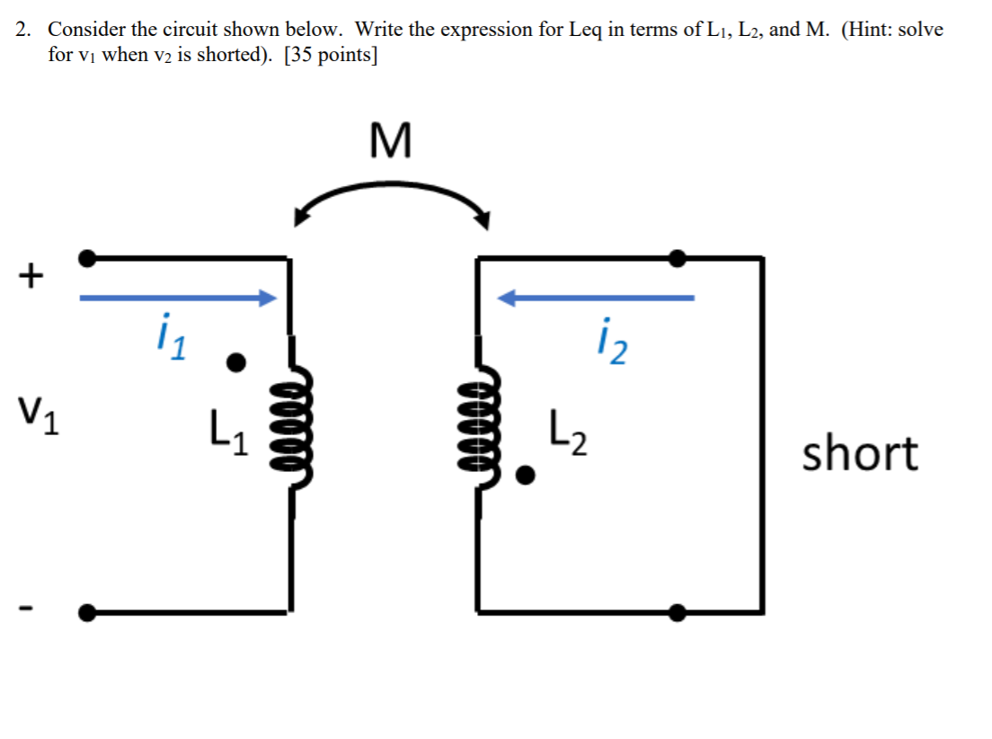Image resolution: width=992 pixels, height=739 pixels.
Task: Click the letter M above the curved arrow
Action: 390,141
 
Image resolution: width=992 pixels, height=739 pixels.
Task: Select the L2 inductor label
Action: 569,437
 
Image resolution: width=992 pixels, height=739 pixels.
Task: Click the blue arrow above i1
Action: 177,298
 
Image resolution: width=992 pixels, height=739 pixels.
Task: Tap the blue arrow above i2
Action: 597,298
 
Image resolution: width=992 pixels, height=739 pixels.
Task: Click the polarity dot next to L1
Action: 235,362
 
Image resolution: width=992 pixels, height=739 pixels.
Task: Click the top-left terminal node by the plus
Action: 87,259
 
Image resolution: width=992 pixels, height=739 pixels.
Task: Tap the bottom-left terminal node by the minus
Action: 87,613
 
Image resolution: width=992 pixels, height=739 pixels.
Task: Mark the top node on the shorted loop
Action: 678,259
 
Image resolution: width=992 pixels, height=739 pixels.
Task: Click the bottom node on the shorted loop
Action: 678,613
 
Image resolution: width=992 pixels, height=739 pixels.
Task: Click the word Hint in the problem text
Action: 868,29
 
